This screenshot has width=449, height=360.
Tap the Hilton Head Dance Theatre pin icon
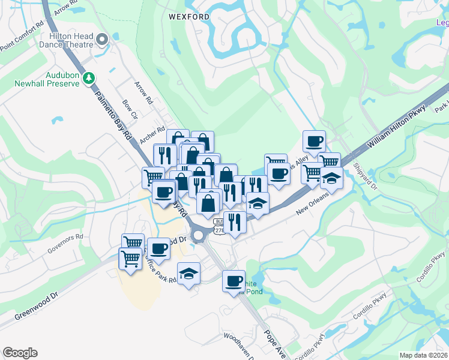pos(102,40)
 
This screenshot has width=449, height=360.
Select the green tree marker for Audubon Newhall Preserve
pos(89,77)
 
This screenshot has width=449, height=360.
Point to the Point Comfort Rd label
pos(22,37)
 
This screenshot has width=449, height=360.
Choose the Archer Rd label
pos(152,134)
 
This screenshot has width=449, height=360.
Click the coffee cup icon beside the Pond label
pos(234,280)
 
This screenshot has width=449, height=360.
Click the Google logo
pos(20,353)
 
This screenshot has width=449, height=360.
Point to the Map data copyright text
pos(423,355)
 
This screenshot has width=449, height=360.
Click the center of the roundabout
pos(198,235)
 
